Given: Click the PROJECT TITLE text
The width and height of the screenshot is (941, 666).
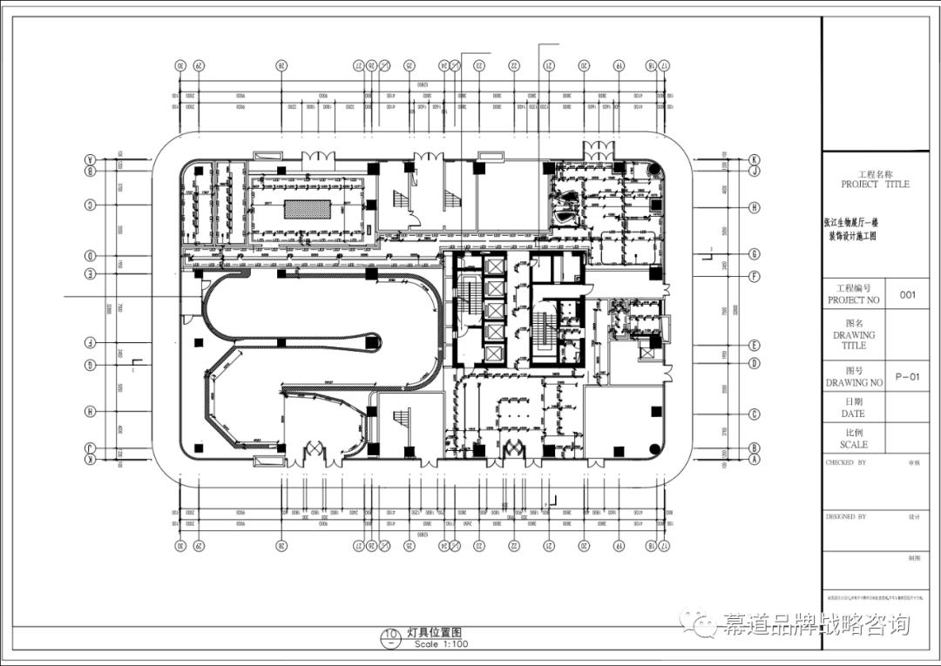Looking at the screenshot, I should pyautogui.click(x=875, y=185).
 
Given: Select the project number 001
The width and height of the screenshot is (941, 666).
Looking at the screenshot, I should pyautogui.click(x=908, y=294).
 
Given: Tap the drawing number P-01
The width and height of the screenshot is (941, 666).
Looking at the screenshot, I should pyautogui.click(x=907, y=377).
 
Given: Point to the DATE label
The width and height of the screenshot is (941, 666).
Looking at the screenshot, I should pyautogui.click(x=853, y=414).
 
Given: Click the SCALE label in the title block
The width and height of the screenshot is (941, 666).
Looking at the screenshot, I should pyautogui.click(x=853, y=445).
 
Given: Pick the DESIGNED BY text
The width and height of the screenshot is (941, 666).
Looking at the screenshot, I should pyautogui.click(x=846, y=516).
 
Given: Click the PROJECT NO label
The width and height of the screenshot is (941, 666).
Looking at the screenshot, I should pyautogui.click(x=853, y=299).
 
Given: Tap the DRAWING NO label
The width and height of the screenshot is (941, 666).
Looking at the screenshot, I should pyautogui.click(x=853, y=382).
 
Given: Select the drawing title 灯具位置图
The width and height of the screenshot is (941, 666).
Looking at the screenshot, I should pyautogui.click(x=433, y=634).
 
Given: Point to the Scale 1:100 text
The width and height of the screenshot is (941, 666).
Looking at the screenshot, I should pyautogui.click(x=441, y=644).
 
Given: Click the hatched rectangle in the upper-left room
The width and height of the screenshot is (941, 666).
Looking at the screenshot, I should pyautogui.click(x=308, y=209).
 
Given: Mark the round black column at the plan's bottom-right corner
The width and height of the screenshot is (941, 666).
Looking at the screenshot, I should pyautogui.click(x=655, y=451).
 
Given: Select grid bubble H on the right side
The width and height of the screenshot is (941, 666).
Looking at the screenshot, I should pyautogui.click(x=755, y=207).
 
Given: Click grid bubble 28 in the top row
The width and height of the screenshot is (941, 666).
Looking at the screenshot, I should pyautogui.click(x=281, y=66).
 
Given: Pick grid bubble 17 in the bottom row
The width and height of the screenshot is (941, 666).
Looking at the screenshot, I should pyautogui.click(x=664, y=547).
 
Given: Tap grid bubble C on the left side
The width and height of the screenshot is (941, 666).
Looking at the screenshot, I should pyautogui.click(x=90, y=205).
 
